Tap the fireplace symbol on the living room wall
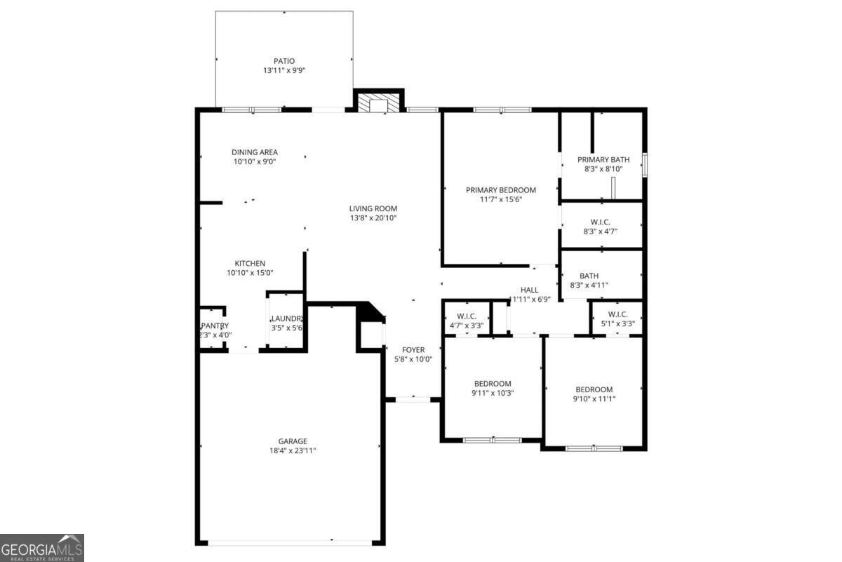[x=378, y=103]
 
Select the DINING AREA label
[x=255, y=152]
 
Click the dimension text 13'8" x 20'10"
[x=373, y=218]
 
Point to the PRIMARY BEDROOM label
[x=501, y=190]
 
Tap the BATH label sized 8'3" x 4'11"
[x=589, y=276]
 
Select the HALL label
[x=529, y=290]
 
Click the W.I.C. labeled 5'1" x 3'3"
[x=617, y=314]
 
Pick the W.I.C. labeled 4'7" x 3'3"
[x=467, y=316]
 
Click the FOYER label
[x=413, y=350]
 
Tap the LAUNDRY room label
[x=286, y=319]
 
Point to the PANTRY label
[x=215, y=326]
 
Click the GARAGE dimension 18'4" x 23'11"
[x=293, y=450]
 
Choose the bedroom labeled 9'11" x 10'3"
[x=492, y=384]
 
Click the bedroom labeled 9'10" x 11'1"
[x=594, y=390]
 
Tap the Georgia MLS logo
[x=42, y=547]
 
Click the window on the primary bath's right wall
[x=645, y=164]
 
